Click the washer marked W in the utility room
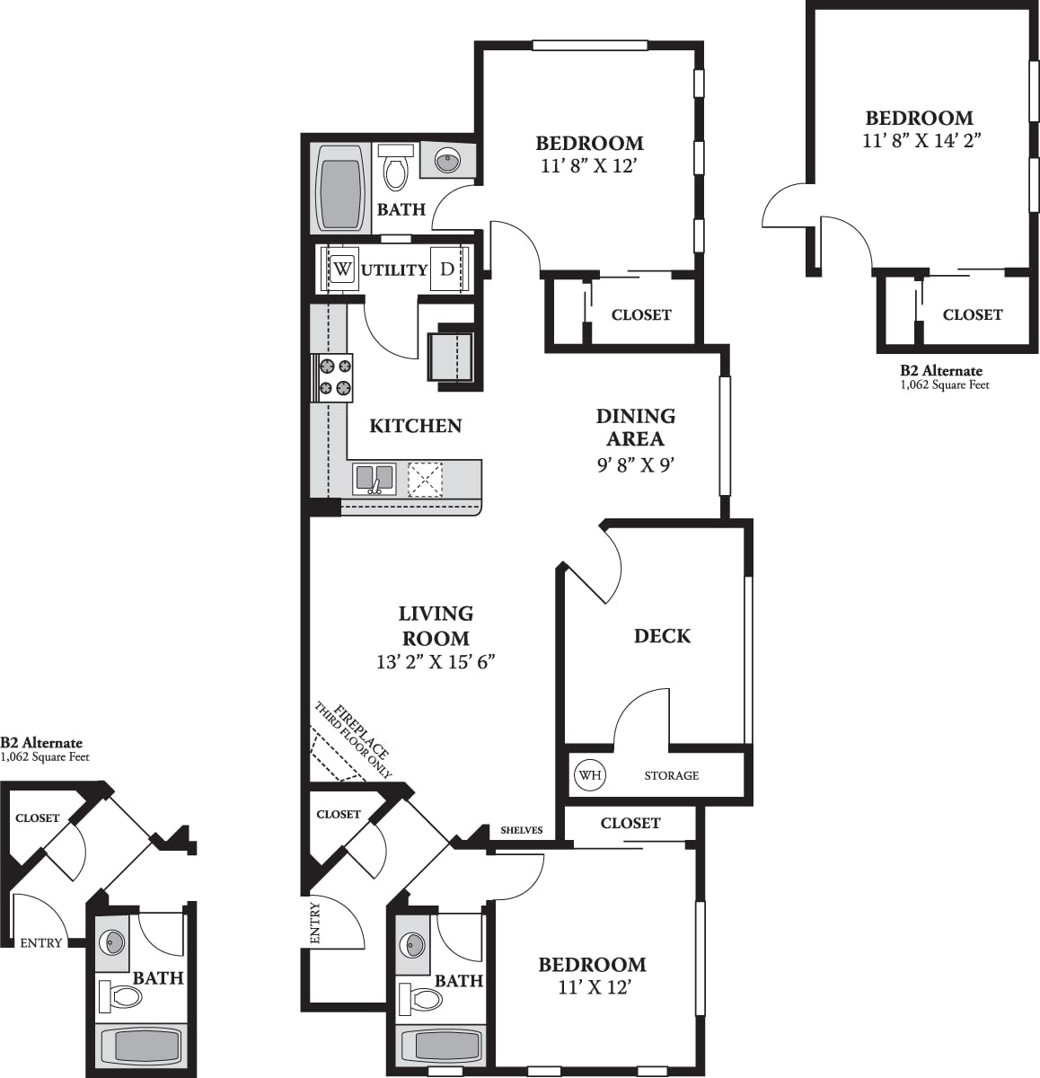click(x=342, y=269)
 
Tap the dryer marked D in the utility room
click(x=447, y=269)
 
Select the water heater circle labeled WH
click(x=589, y=774)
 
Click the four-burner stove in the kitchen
click(x=332, y=377)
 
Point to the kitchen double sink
click(x=374, y=479)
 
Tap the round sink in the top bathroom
click(x=447, y=161)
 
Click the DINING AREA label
click(x=635, y=427)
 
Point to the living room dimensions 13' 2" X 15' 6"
click(x=436, y=662)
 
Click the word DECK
click(x=662, y=636)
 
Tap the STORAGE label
click(x=671, y=775)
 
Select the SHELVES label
click(x=522, y=830)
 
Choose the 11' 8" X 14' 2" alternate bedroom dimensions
click(x=919, y=140)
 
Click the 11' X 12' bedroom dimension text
click(x=592, y=987)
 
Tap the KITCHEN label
click(x=416, y=426)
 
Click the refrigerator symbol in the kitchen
click(x=451, y=355)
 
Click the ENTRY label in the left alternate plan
click(x=41, y=942)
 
